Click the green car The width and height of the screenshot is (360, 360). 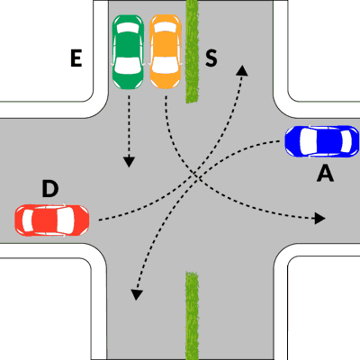click(128, 52)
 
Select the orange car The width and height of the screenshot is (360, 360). click(166, 52)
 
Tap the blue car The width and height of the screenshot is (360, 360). click(322, 141)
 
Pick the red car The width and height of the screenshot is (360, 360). click(52, 220)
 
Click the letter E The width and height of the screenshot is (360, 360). click(76, 58)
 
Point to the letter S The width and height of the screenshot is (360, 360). click(211, 58)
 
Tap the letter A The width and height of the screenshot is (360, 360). click(325, 174)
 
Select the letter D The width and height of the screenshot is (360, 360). click(50, 189)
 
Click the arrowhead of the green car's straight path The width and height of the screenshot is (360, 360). click(129, 161)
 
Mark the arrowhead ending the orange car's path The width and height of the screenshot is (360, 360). click(319, 218)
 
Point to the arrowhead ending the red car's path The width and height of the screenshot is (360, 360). click(242, 70)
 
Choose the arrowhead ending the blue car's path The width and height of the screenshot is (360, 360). click(137, 294)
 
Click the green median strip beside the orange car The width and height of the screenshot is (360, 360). click(192, 51)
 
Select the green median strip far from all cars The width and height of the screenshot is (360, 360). click(192, 316)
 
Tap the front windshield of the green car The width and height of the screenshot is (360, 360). click(128, 66)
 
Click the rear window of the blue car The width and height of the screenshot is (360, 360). click(346, 141)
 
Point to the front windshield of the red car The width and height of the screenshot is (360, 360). click(66, 220)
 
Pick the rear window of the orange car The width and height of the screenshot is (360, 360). click(166, 27)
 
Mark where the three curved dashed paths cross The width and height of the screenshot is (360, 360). click(195, 177)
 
